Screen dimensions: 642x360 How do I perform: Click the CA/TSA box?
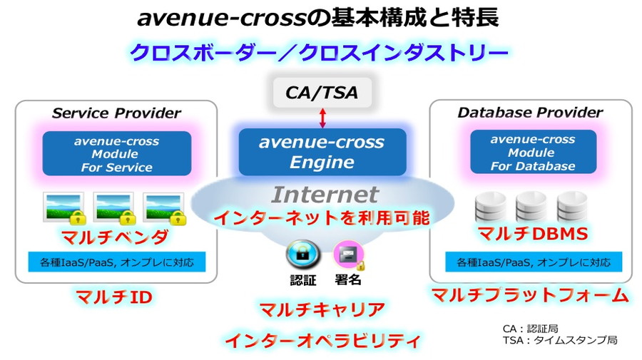click(322, 93)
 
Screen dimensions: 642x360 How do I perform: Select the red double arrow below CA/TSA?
click(322, 118)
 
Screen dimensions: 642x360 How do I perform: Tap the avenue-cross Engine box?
click(322, 152)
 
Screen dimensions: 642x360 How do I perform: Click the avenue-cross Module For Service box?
click(117, 154)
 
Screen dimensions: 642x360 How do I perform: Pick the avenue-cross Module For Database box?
click(533, 152)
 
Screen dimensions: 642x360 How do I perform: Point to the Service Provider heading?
click(117, 113)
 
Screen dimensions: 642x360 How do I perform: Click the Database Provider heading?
click(530, 112)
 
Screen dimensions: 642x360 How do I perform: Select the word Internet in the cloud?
click(325, 195)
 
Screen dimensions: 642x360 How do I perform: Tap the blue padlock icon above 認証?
click(302, 254)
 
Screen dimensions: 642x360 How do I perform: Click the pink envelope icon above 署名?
click(349, 255)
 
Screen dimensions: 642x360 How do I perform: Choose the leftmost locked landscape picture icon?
click(64, 208)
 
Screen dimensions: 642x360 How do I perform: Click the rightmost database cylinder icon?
click(572, 206)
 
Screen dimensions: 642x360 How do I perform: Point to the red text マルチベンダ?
click(115, 237)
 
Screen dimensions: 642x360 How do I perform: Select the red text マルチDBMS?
click(533, 234)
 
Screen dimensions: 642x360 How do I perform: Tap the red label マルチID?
click(114, 297)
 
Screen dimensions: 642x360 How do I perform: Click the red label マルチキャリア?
click(322, 309)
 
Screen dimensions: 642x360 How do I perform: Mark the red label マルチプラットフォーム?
click(530, 295)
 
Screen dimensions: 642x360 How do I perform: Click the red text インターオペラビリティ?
click(323, 340)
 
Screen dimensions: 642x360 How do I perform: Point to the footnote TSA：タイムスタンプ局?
click(560, 340)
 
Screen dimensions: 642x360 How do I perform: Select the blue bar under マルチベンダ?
click(117, 262)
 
